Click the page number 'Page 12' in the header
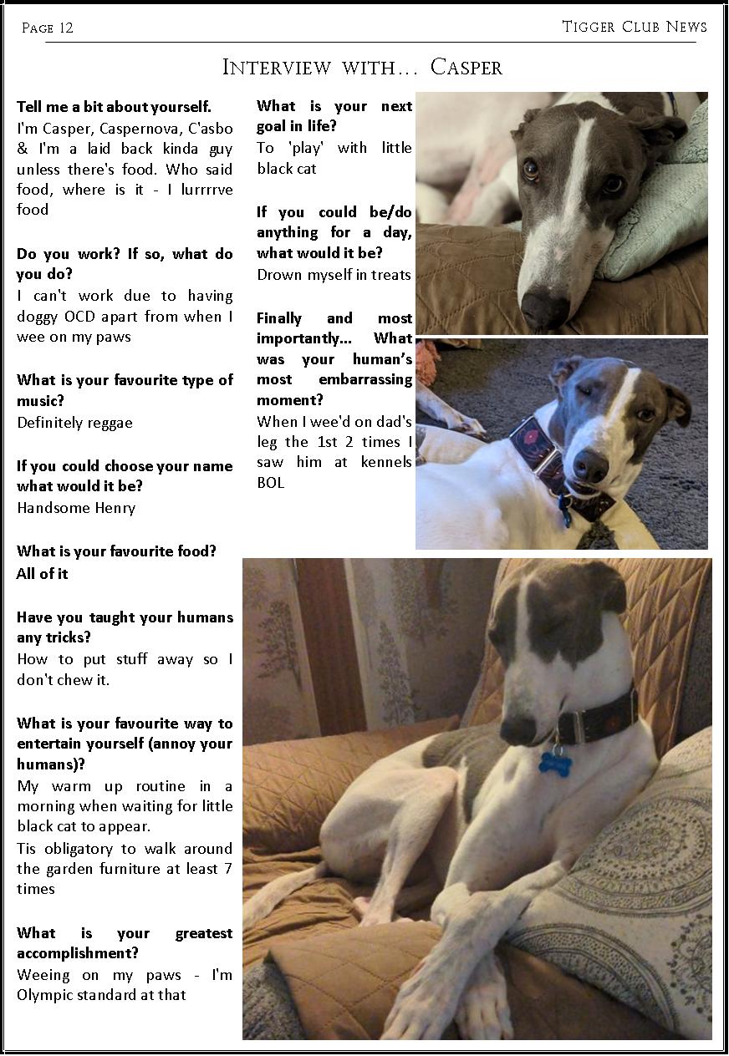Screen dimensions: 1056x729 tap(48, 28)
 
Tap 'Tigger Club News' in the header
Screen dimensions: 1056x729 tap(635, 27)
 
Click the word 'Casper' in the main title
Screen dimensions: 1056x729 tap(466, 68)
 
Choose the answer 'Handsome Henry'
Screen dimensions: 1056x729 tap(76, 508)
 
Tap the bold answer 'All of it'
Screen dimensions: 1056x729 tap(43, 574)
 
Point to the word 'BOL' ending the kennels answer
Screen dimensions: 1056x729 tap(271, 482)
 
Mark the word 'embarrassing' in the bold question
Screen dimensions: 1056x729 tap(365, 379)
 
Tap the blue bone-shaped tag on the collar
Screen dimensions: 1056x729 tap(554, 762)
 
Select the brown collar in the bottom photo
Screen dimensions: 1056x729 tap(598, 718)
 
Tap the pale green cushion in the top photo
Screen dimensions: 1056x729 tap(660, 213)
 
